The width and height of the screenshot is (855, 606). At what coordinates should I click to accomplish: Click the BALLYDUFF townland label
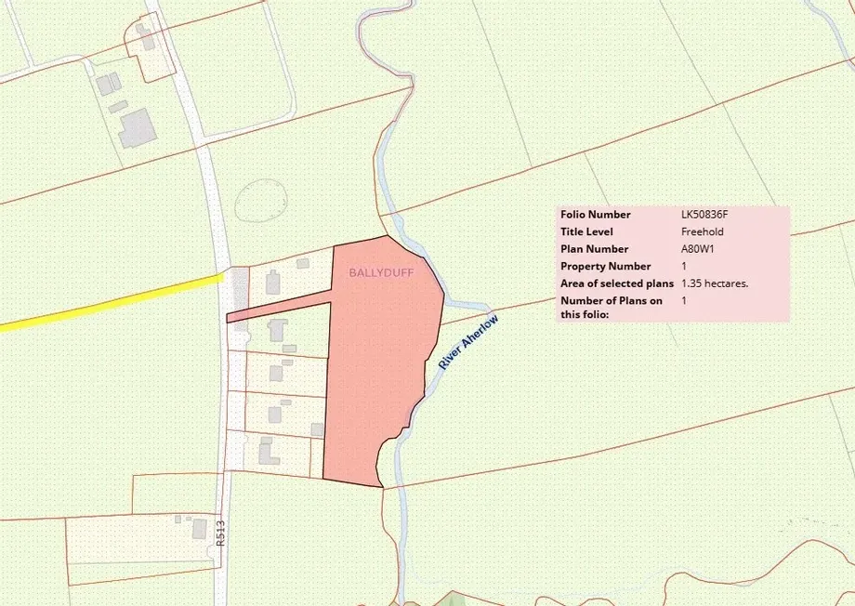(x=381, y=273)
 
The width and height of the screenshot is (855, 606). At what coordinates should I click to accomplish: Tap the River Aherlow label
(x=468, y=343)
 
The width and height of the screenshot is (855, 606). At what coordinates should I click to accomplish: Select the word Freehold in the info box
(x=702, y=231)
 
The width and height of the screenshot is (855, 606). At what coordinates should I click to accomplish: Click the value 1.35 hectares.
(x=715, y=283)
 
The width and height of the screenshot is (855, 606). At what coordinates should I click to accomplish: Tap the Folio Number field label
(x=595, y=215)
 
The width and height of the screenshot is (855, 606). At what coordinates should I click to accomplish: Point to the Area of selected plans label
(x=617, y=283)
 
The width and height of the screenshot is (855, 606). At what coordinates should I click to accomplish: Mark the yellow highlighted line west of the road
(x=112, y=301)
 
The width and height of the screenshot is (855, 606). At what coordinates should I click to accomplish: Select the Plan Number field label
(x=594, y=249)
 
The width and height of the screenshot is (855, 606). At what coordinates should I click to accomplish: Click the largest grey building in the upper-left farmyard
(x=138, y=127)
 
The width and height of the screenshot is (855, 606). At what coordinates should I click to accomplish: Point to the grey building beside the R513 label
(x=199, y=529)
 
